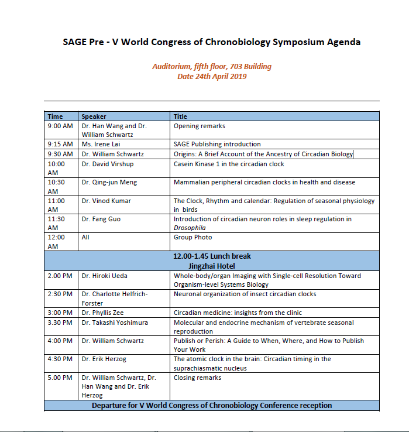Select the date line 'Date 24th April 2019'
212,76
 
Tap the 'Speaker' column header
94,116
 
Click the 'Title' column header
180,116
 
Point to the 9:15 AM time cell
60,144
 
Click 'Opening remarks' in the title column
199,126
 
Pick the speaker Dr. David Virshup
108,163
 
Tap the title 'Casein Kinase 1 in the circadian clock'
228,163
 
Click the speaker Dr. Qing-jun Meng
110,182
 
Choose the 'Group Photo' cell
193,238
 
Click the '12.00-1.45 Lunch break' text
211,256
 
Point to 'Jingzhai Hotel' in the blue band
211,266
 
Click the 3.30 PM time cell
60,323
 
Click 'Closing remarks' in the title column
197,378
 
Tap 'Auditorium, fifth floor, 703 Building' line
212,67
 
